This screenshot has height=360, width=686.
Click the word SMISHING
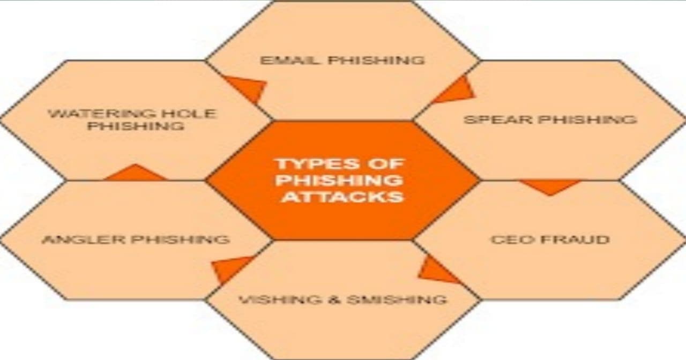[397, 299]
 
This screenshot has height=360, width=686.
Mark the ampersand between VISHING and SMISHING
[335, 299]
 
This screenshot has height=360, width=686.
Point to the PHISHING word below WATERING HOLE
[136, 126]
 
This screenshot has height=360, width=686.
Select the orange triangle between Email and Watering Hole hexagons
[248, 87]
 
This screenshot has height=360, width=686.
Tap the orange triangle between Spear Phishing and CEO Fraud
[550, 186]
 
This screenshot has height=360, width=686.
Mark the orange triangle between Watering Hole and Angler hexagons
[135, 173]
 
